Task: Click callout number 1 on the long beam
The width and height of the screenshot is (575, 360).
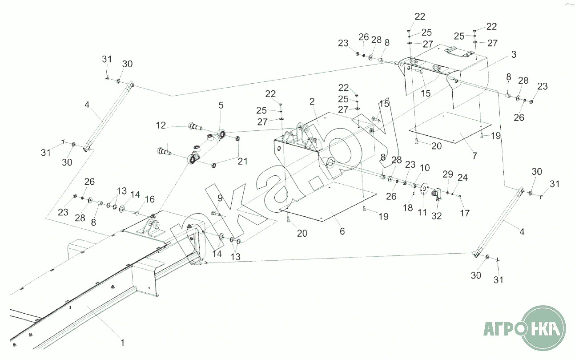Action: click(123, 342)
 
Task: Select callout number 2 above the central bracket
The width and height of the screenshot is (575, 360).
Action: click(312, 102)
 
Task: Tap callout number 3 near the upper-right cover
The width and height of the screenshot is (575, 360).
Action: click(514, 55)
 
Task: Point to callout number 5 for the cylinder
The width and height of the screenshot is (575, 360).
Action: click(221, 105)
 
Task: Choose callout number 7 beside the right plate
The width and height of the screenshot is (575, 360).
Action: click(474, 156)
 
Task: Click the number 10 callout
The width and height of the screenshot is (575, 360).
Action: click(425, 168)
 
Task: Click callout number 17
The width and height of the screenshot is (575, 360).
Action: click(465, 213)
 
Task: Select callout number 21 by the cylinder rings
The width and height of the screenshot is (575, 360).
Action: click(242, 161)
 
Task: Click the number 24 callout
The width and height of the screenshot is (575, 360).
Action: click(462, 178)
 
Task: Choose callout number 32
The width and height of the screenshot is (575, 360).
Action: click(437, 216)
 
